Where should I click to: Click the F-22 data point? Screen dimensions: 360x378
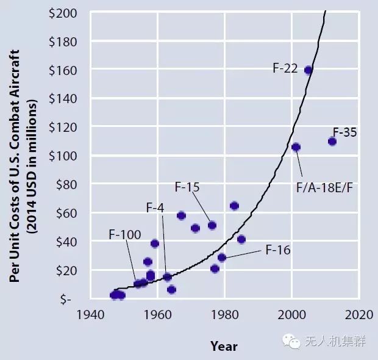pyautogui.click(x=308, y=70)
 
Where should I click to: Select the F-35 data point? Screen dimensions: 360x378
pyautogui.click(x=332, y=141)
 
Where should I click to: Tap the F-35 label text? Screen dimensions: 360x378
pyautogui.click(x=344, y=131)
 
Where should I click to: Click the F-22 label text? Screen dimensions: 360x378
pyautogui.click(x=285, y=68)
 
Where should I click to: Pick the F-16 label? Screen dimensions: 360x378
pyautogui.click(x=278, y=249)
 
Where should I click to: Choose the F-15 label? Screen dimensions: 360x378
pyautogui.click(x=187, y=187)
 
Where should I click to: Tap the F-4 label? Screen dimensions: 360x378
pyautogui.click(x=155, y=207)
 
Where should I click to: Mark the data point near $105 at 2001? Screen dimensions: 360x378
pyautogui.click(x=296, y=147)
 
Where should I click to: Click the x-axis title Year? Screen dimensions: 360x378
pyautogui.click(x=224, y=346)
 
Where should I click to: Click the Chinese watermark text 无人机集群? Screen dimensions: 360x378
pyautogui.click(x=335, y=341)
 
